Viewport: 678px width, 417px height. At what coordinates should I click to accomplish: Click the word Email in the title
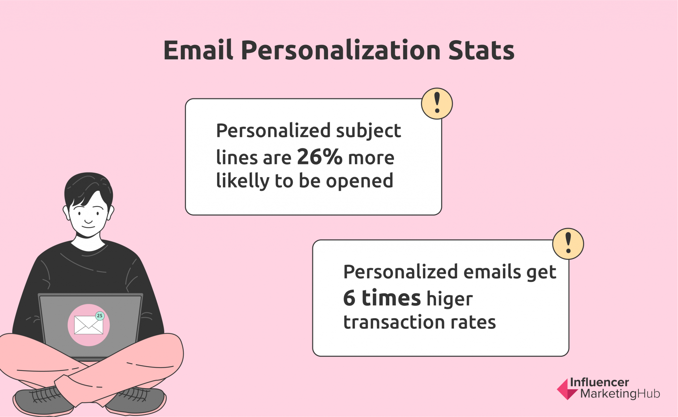(x=198, y=50)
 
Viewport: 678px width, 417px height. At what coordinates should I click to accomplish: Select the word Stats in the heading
(x=481, y=50)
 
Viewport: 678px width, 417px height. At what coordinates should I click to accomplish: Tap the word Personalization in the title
(x=341, y=50)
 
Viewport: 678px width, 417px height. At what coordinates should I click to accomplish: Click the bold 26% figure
(x=319, y=156)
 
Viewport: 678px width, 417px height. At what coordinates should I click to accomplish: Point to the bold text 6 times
(x=382, y=298)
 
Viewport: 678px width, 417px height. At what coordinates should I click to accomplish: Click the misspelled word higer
(x=450, y=299)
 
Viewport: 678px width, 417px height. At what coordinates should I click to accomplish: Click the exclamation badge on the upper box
(x=437, y=103)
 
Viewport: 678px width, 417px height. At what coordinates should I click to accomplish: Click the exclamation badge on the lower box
(x=568, y=244)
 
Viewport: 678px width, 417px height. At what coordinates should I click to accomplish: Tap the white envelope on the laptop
(x=88, y=325)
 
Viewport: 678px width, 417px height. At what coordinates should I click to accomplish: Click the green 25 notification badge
(x=100, y=316)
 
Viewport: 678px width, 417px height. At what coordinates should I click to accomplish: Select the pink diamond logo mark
(x=567, y=389)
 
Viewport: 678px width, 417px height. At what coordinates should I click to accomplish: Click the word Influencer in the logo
(x=599, y=383)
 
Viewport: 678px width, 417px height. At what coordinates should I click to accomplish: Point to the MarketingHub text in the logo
(x=620, y=394)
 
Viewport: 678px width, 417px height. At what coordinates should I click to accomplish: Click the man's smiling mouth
(x=88, y=226)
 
